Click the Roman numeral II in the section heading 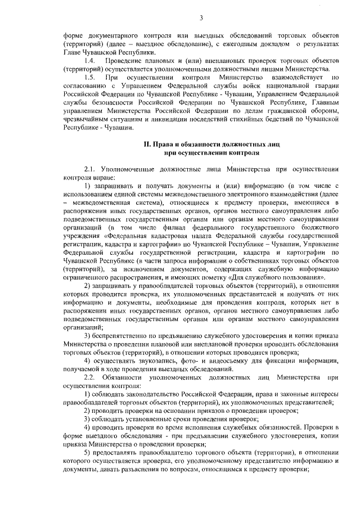pyautogui.click(x=147, y=145)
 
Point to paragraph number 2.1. pyautogui.click(x=91, y=169)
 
